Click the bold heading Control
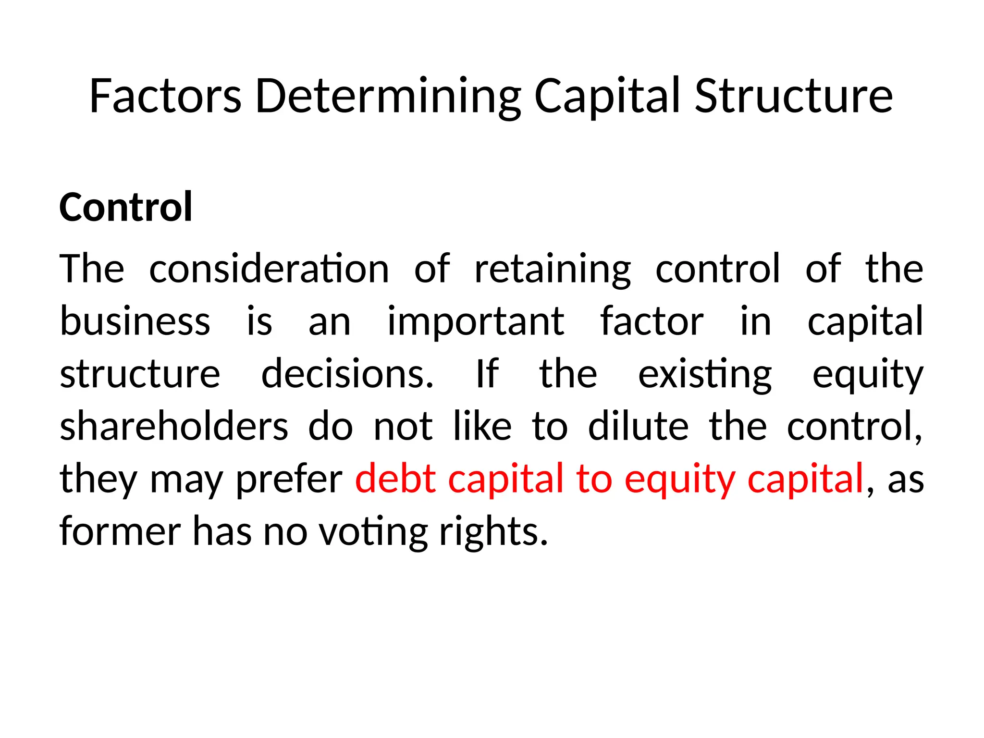coord(126,207)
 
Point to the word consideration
coord(269,269)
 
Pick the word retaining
coord(553,269)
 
